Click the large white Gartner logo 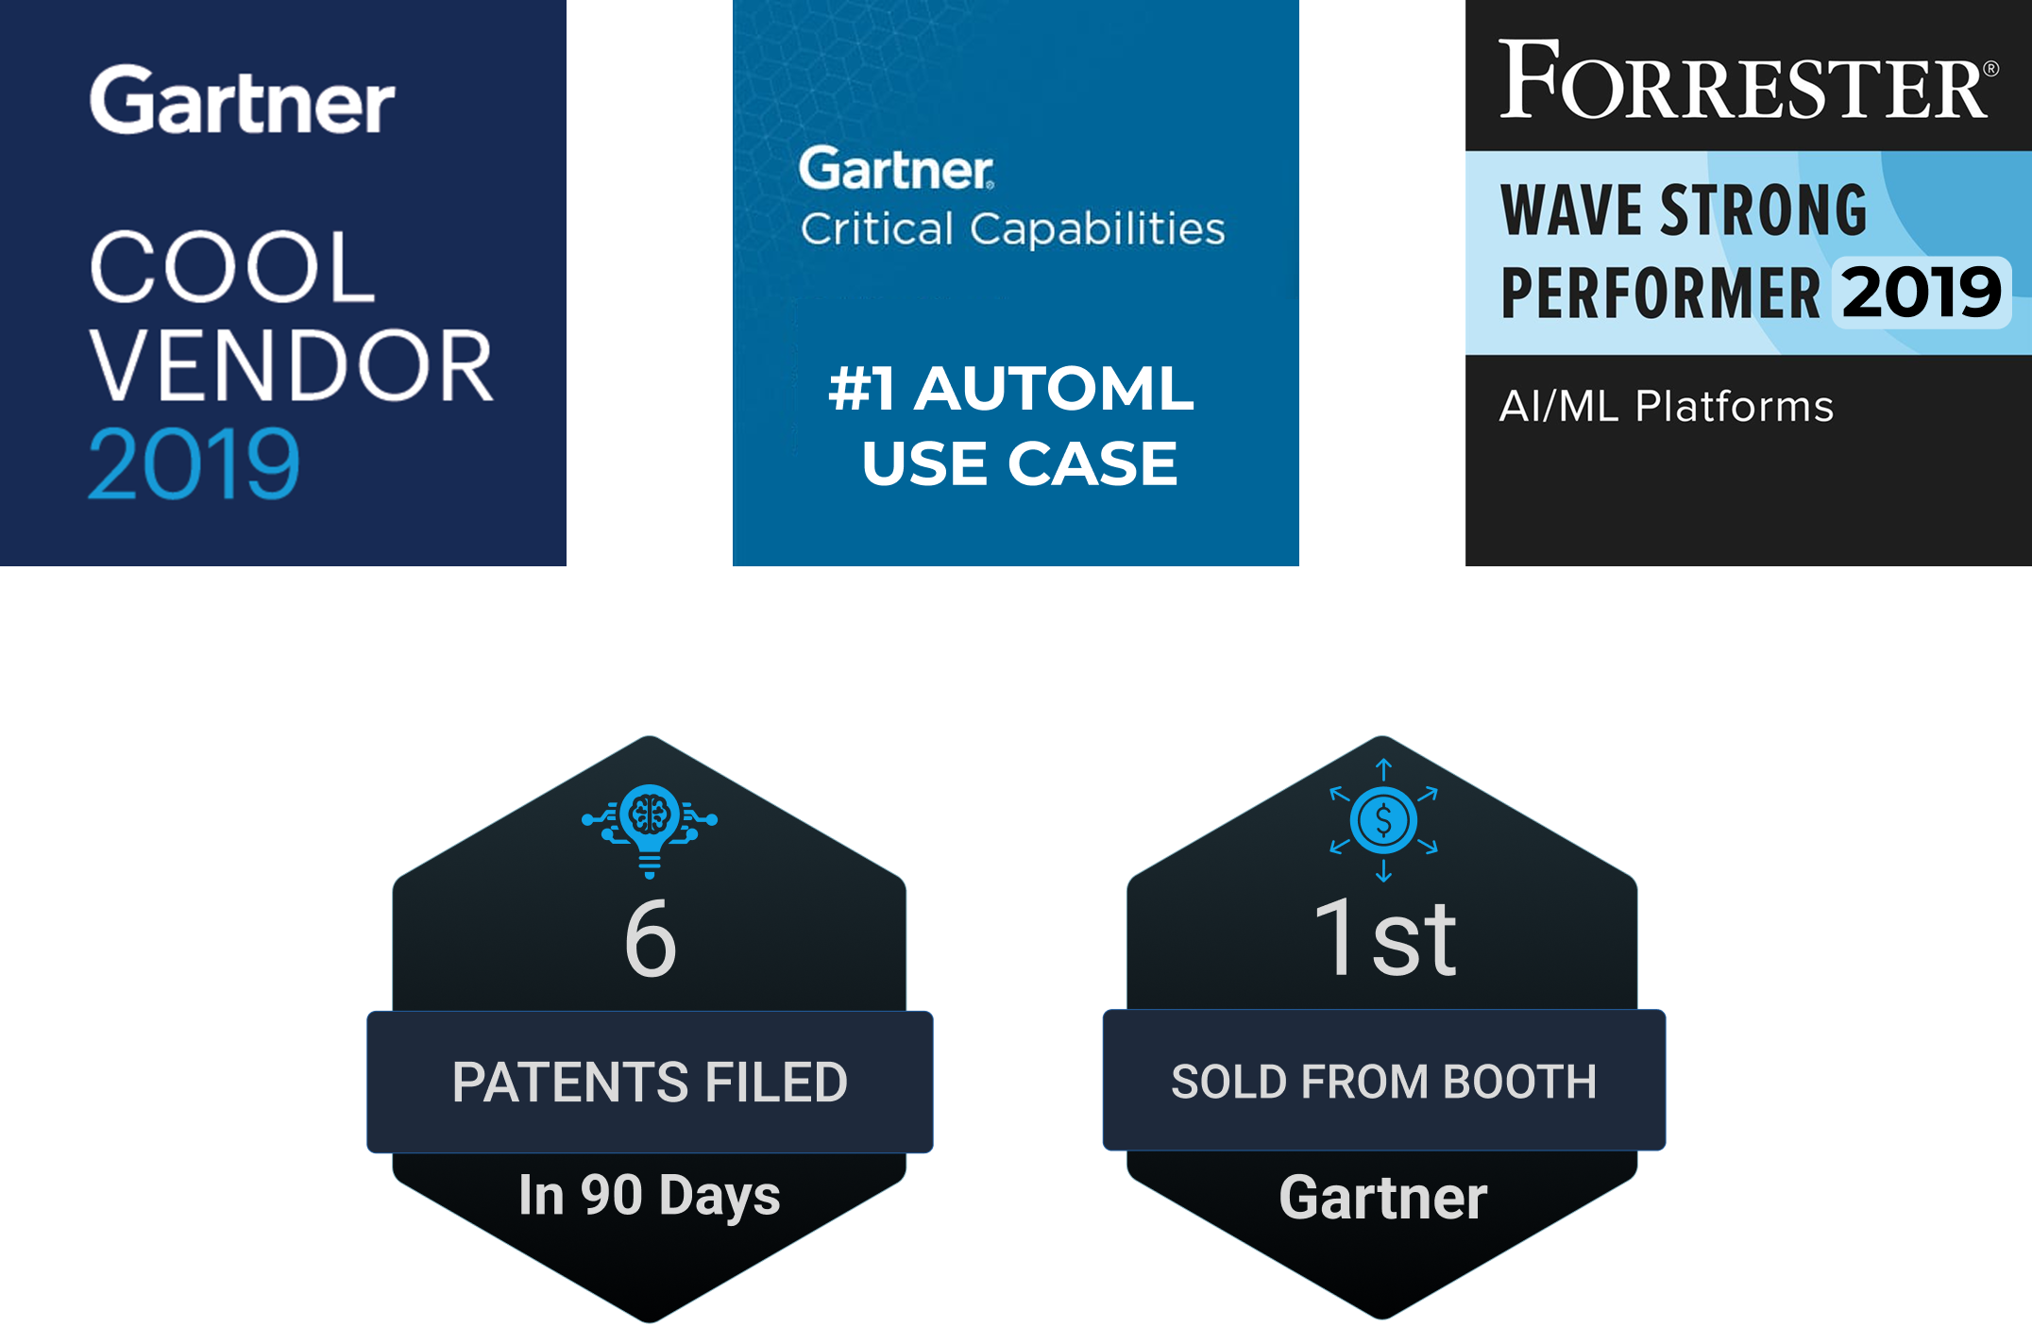(x=242, y=101)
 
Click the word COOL (x=232, y=268)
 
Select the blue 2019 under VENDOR (x=194, y=463)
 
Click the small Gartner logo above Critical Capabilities (x=895, y=170)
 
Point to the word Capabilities (x=1097, y=229)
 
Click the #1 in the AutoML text (x=861, y=389)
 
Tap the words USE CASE (x=1019, y=463)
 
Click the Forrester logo (x=1747, y=81)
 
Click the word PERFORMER (x=1660, y=294)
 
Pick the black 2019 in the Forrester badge (x=1921, y=293)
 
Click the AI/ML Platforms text (x=1667, y=407)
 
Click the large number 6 (x=651, y=939)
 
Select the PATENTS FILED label (x=650, y=1082)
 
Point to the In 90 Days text (x=650, y=1195)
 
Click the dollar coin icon (x=1383, y=820)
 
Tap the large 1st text (x=1384, y=938)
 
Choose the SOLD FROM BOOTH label (x=1384, y=1082)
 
